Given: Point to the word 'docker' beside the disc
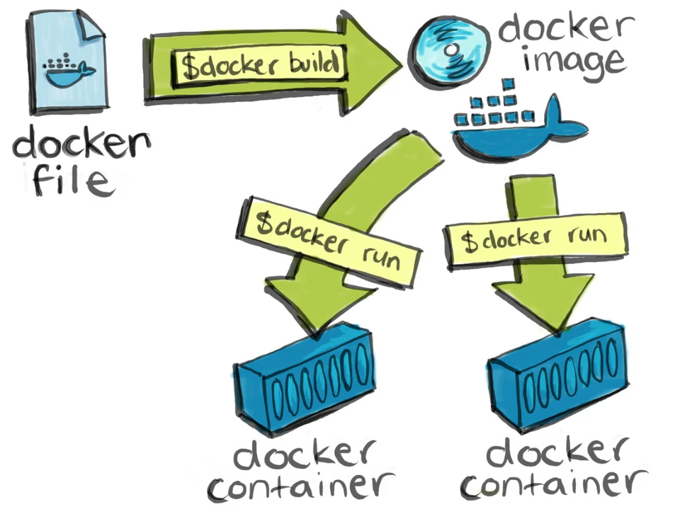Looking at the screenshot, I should (x=563, y=27).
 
